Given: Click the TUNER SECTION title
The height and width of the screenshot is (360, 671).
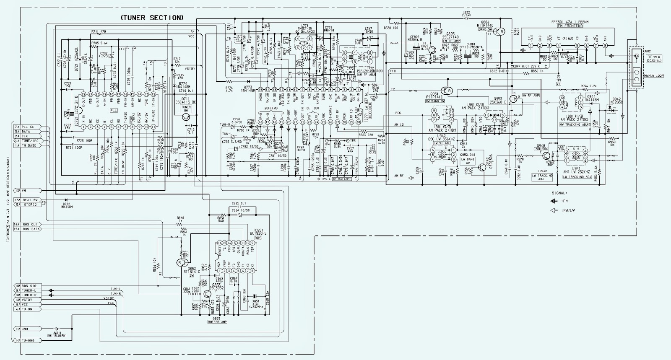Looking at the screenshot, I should tap(151, 18).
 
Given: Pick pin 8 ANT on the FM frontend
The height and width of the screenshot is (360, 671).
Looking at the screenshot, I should tap(604, 45).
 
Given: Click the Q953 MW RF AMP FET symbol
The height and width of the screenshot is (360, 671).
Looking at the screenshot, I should tap(513, 99).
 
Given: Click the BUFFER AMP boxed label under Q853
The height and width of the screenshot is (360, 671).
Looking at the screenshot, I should tap(217, 322).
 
